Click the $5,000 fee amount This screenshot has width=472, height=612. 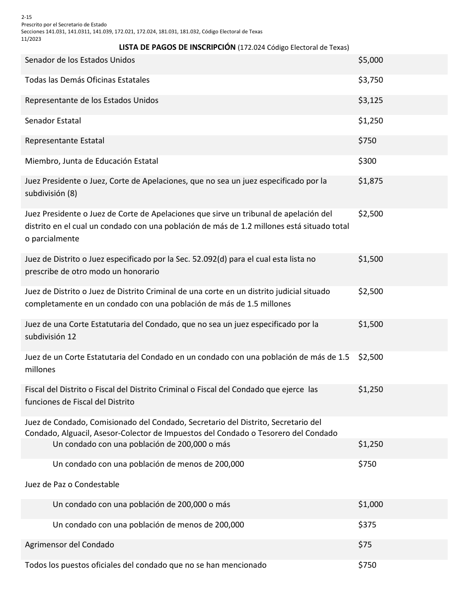[x=370, y=60]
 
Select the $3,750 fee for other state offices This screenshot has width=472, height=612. [x=370, y=80]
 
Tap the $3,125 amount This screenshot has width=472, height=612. [x=370, y=101]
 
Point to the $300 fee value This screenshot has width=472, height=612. [x=367, y=161]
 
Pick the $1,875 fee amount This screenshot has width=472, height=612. [x=370, y=181]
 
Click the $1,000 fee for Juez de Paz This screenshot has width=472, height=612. [x=370, y=505]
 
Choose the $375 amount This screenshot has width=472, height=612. [x=367, y=525]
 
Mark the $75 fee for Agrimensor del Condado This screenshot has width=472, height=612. [x=365, y=545]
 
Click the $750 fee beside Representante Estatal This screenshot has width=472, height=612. [x=367, y=141]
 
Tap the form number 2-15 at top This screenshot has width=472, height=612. [x=26, y=17]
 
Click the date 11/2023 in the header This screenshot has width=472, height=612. [x=31, y=39]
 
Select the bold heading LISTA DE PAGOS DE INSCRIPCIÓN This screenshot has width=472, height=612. [x=177, y=48]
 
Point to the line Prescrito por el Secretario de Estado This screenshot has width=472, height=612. [x=64, y=24]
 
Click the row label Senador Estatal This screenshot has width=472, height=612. [x=53, y=121]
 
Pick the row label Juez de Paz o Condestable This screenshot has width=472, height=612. [x=72, y=485]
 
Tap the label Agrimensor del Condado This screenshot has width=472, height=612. [x=70, y=545]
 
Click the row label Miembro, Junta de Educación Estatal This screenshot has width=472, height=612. [x=92, y=161]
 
